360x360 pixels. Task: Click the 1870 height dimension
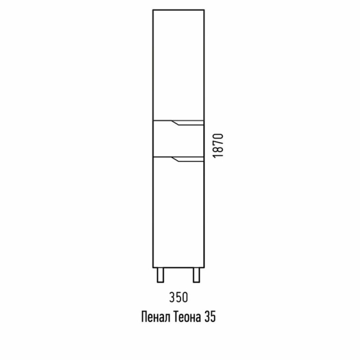(218, 145)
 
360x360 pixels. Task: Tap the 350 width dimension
(178, 297)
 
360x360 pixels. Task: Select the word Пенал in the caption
(156, 317)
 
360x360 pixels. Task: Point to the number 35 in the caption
(210, 317)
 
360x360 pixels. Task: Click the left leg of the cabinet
(160, 275)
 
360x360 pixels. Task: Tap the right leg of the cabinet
(196, 275)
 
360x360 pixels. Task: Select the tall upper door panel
(178, 65)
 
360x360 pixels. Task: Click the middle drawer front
(178, 139)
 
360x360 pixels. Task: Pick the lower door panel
(178, 212)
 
